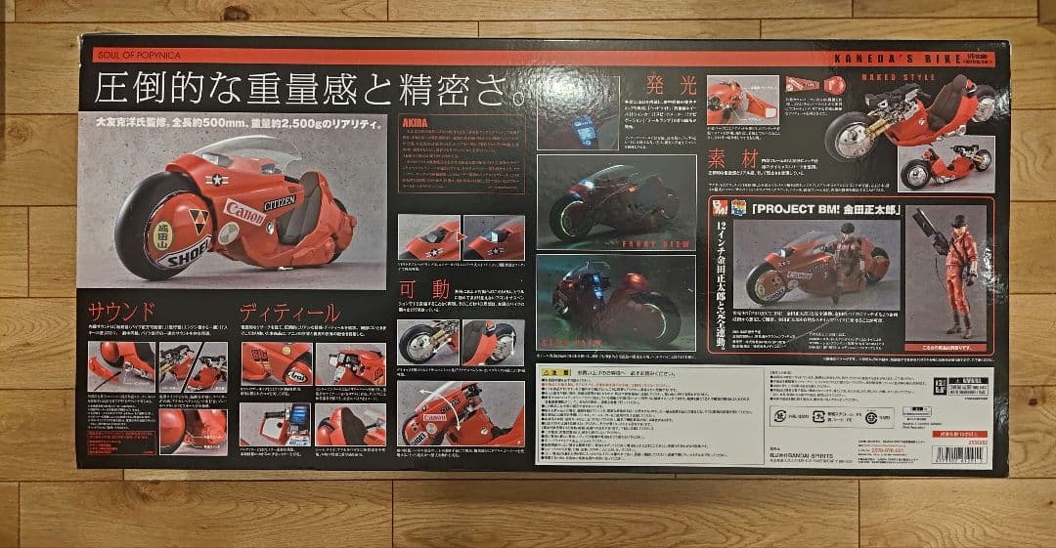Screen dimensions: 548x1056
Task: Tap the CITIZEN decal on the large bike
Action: click(x=280, y=199)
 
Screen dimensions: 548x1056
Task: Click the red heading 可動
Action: click(x=426, y=289)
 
